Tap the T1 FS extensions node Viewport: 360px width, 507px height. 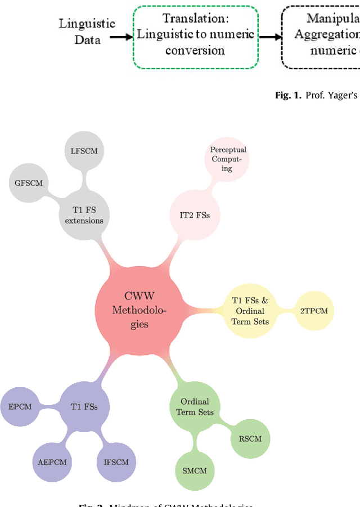click(x=84, y=214)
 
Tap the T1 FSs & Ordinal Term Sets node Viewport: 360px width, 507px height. click(x=250, y=310)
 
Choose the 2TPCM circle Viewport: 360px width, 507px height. click(x=314, y=311)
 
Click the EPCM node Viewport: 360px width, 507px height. click(x=20, y=406)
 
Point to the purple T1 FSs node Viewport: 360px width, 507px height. click(x=84, y=406)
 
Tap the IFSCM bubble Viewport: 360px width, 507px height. click(x=116, y=463)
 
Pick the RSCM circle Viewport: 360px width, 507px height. click(x=250, y=438)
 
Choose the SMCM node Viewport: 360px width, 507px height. click(x=195, y=470)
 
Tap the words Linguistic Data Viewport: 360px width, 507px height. click(x=87, y=32)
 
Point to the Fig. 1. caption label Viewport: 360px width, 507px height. click(x=289, y=95)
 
